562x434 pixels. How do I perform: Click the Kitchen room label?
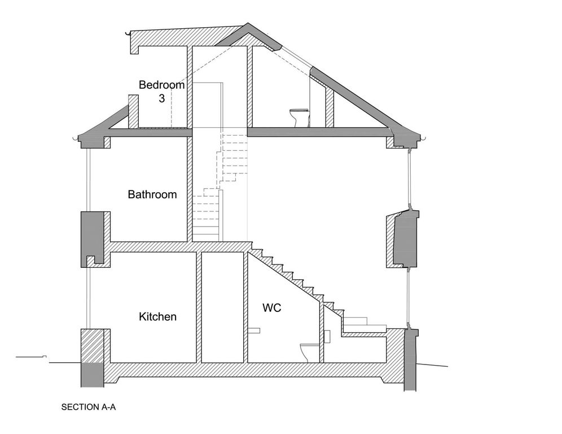(157, 316)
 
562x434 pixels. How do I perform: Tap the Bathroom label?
(152, 194)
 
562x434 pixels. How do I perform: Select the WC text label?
(271, 307)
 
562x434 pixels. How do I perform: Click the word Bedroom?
(161, 85)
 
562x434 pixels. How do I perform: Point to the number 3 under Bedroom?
(161, 98)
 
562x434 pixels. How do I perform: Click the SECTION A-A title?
(89, 407)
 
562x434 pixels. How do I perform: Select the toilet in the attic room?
(299, 118)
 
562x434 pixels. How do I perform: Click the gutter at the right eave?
(424, 138)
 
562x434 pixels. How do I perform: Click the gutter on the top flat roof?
(127, 33)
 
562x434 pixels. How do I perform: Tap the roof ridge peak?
(248, 24)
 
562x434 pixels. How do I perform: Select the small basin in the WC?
(254, 331)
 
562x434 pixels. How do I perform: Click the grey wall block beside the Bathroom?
(92, 239)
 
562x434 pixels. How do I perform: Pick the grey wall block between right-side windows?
(406, 238)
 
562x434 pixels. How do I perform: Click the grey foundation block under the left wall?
(92, 375)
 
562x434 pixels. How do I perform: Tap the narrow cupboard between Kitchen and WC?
(222, 307)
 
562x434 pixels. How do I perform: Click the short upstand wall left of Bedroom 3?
(133, 111)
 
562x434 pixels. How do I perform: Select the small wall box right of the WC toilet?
(327, 336)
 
